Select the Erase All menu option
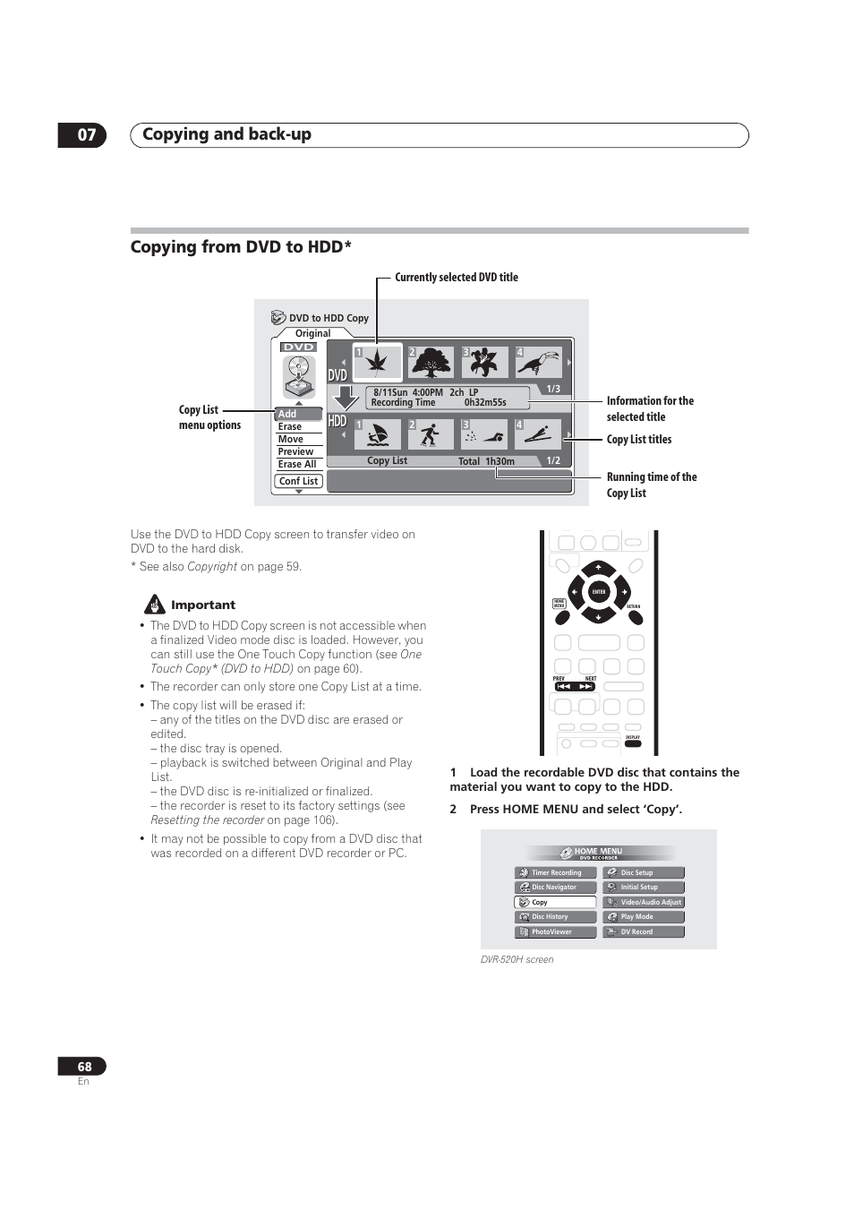297,464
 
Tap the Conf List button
298,481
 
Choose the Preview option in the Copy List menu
295,451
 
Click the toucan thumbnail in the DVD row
539,362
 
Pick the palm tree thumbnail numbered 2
431,362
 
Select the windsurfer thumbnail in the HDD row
378,435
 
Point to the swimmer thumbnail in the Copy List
484,435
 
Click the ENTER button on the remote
599,592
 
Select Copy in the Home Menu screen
555,902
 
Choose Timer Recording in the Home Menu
555,872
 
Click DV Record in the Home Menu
643,931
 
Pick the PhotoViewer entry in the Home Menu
555,931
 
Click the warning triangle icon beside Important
155,605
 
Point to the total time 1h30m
500,461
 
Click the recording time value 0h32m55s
485,403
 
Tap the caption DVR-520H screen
517,959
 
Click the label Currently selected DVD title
457,278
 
